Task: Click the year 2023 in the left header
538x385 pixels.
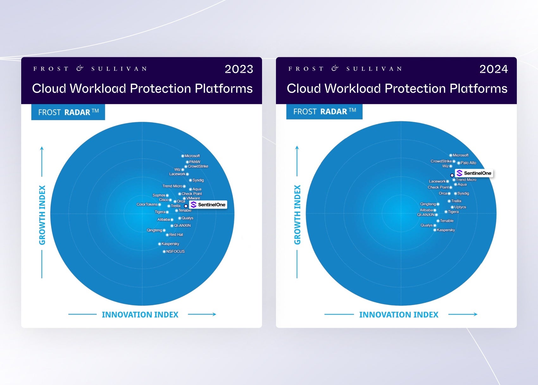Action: click(x=239, y=69)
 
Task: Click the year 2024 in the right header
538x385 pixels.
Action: click(x=494, y=69)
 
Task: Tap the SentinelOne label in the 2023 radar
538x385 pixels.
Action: click(x=208, y=205)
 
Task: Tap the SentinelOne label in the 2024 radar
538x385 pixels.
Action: click(x=474, y=173)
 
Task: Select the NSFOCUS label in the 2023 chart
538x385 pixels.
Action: click(x=175, y=251)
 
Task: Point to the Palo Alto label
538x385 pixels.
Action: click(x=468, y=163)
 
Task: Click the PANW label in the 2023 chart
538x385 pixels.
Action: click(x=195, y=162)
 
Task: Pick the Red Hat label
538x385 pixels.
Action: click(x=176, y=235)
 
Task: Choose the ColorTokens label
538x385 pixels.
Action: click(x=147, y=205)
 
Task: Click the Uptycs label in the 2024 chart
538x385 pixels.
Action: click(x=460, y=207)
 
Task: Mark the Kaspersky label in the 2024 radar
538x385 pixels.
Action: click(x=446, y=230)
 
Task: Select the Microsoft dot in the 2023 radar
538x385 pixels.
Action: click(x=183, y=156)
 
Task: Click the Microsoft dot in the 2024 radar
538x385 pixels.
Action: click(x=451, y=156)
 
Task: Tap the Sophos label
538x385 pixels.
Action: click(x=159, y=195)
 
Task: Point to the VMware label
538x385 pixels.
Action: click(x=193, y=198)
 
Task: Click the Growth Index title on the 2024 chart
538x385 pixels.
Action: click(x=297, y=215)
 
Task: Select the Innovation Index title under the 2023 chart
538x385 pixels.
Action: click(x=140, y=315)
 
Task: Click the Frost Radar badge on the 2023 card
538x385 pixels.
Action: click(x=68, y=112)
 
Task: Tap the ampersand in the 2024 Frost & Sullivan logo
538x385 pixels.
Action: click(x=335, y=69)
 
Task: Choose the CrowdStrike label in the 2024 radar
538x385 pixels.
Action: click(x=441, y=161)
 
